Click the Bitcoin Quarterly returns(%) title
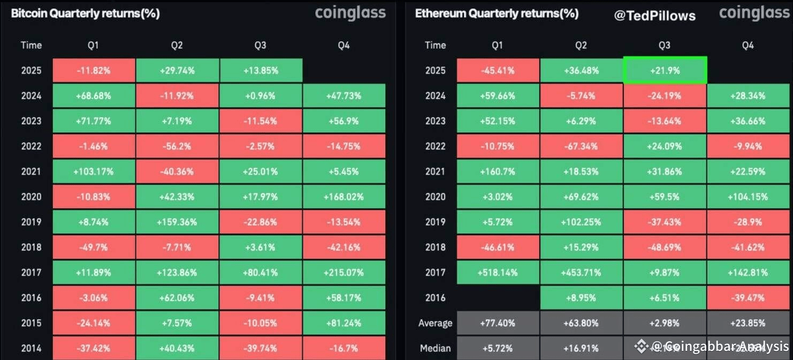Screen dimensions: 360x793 pos(85,13)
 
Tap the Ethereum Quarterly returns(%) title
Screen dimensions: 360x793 pos(497,13)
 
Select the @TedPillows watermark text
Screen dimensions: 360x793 pos(654,16)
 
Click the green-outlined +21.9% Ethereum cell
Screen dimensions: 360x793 pos(665,71)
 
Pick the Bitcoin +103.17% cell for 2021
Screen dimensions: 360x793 pos(93,172)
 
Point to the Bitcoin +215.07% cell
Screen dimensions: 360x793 pos(344,273)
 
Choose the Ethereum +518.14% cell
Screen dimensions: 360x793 pos(497,273)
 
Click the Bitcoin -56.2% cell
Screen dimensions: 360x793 pos(177,147)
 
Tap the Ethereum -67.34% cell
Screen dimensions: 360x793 pos(581,147)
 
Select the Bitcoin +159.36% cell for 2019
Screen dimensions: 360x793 pos(177,222)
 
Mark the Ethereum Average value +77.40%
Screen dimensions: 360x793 pos(497,323)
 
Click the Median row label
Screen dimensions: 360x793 pos(435,348)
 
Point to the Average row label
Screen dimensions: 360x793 pos(435,323)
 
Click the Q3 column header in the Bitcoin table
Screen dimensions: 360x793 pos(260,45)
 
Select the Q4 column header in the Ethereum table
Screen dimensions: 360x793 pos(748,45)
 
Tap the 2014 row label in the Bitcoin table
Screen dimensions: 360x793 pos(31,348)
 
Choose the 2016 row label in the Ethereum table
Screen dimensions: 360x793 pos(435,298)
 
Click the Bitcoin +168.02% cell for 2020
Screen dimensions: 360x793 pos(344,197)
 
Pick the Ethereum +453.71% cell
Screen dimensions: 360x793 pos(581,273)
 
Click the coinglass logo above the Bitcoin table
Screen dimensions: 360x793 pos(350,13)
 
